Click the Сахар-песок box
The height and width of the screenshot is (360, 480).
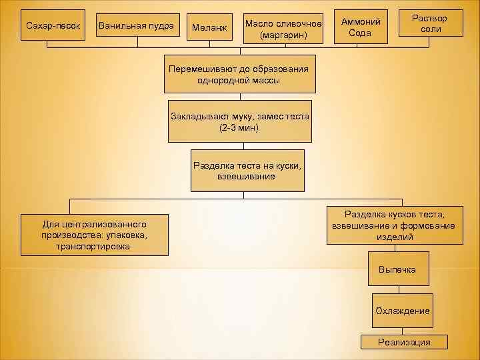tap(53, 25)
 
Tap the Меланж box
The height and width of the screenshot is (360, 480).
tap(209, 27)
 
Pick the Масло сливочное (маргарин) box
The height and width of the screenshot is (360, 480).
tap(283, 29)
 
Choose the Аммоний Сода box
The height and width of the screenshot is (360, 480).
tap(360, 27)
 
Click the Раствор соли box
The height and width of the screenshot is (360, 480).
tap(430, 24)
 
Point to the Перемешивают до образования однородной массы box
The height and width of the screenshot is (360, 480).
tap(239, 74)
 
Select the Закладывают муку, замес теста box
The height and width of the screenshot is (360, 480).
tap(239, 121)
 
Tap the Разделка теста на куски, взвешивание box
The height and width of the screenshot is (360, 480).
tap(247, 171)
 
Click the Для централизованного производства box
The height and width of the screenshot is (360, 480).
tap(94, 235)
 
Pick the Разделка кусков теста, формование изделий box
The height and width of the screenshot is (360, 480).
tap(393, 225)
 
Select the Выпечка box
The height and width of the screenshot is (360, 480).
tap(397, 269)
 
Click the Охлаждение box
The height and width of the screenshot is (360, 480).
tap(402, 311)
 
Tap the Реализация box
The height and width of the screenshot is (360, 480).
tap(404, 342)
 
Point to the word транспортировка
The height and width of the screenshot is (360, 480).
tap(94, 246)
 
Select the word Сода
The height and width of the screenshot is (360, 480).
tap(360, 33)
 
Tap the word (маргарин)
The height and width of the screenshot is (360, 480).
tap(283, 35)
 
